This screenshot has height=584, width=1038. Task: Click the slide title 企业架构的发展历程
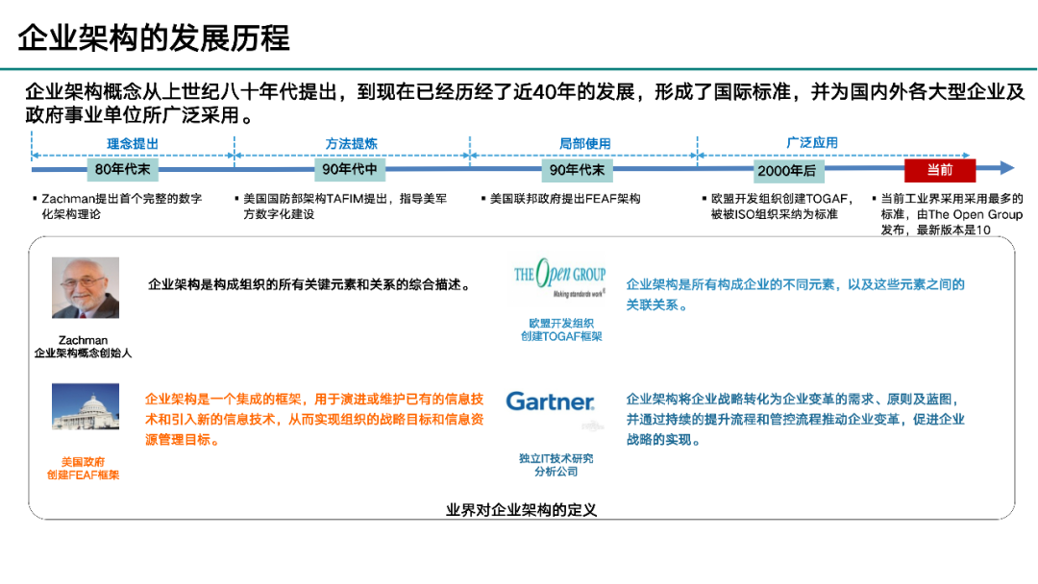coord(154,39)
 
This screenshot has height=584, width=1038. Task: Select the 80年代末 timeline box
coord(122,170)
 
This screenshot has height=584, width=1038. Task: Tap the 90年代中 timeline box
coord(351,170)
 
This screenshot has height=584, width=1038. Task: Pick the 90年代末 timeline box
coord(577,170)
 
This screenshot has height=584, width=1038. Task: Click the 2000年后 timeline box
coord(785,170)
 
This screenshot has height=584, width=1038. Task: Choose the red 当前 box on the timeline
coord(939,170)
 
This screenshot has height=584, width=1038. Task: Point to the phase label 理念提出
coord(132,144)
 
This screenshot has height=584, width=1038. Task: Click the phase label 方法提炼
coord(351,144)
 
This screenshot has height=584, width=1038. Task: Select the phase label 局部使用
coord(584,144)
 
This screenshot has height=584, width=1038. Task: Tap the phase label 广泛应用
coord(812,143)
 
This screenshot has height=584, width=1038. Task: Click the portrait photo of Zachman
coord(86,287)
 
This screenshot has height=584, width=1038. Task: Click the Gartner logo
coord(550,401)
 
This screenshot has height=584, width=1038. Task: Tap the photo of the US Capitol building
coord(86,406)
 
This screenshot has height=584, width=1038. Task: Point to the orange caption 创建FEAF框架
coord(84,475)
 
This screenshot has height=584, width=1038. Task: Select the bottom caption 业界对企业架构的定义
coord(522,510)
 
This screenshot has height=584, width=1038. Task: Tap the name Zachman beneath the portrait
coord(83,340)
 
